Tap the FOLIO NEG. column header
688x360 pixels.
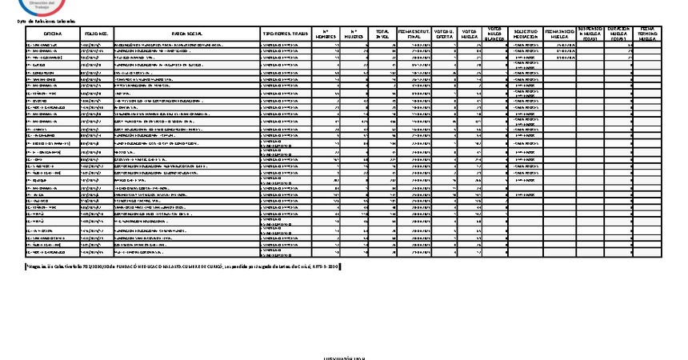96,33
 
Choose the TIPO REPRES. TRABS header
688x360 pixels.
285,33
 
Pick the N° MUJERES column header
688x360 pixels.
355,33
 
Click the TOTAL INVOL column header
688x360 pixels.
383,33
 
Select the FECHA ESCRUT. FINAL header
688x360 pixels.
415,33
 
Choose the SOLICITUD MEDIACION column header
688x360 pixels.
524,33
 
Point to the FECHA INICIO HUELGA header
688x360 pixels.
559,33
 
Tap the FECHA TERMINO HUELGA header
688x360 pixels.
647,33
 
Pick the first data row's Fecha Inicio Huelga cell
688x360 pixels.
559,46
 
